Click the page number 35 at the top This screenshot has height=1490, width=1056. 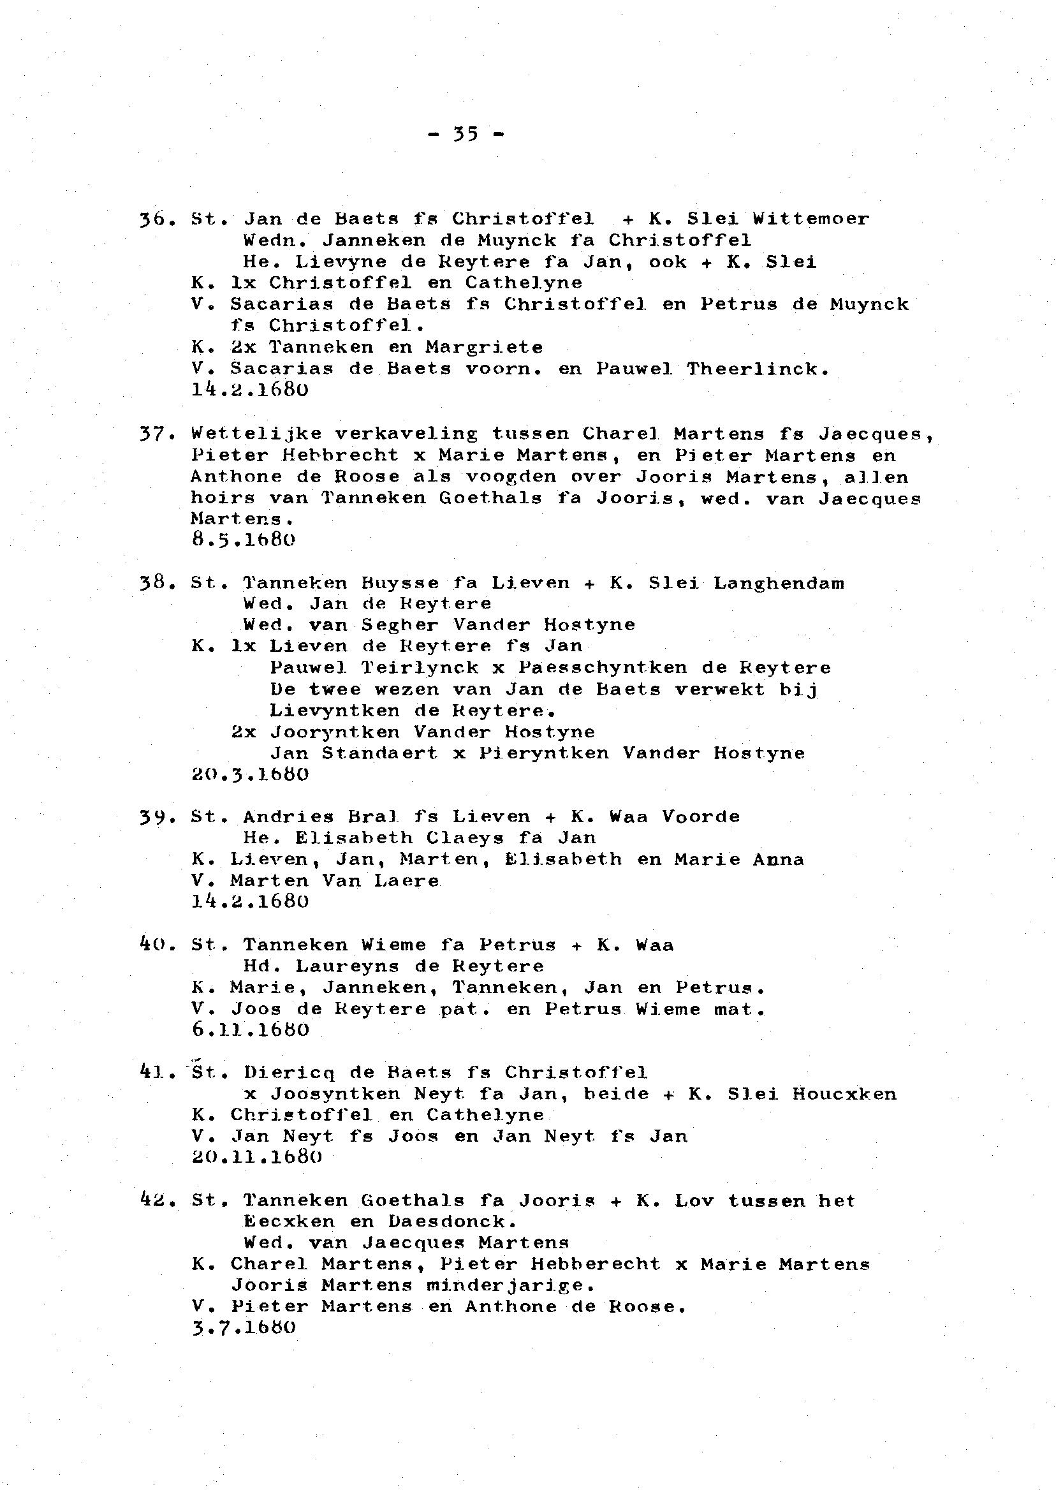tap(466, 135)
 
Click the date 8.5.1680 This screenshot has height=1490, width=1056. tap(244, 540)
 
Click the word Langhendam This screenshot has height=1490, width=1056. tap(779, 583)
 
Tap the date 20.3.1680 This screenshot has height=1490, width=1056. tap(251, 774)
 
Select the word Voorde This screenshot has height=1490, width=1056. tap(701, 817)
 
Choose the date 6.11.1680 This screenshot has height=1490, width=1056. tap(251, 1030)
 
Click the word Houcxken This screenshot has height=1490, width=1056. tap(844, 1094)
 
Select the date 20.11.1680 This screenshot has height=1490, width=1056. tap(257, 1158)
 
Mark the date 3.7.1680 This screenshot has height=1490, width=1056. tap(244, 1328)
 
